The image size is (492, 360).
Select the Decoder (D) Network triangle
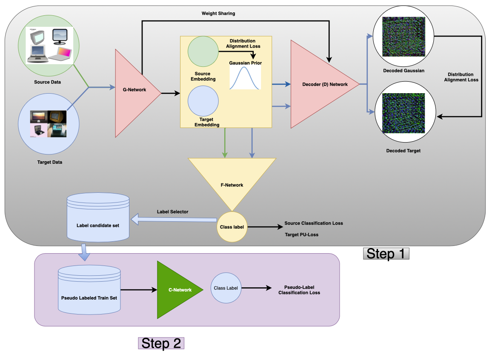[x=319, y=84]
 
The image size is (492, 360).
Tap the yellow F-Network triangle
[x=232, y=181]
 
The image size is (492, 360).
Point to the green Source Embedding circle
[x=203, y=51]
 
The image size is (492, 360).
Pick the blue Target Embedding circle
[x=203, y=101]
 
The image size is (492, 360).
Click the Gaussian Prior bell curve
[x=245, y=78]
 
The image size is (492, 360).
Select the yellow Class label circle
[x=232, y=227]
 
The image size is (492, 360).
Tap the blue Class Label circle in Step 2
[x=226, y=288]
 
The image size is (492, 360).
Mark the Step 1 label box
[x=386, y=254]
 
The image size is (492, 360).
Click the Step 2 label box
[x=161, y=343]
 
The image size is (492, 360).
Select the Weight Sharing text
[x=218, y=14]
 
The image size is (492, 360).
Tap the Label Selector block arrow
[x=174, y=220]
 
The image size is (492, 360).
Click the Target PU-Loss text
[x=301, y=234]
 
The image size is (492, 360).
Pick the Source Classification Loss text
[x=313, y=223]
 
